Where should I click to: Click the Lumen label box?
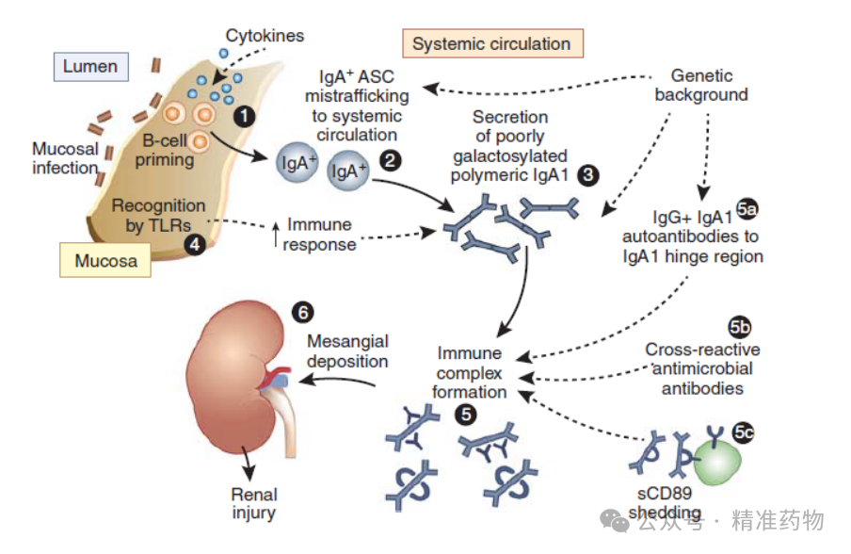coord(91,67)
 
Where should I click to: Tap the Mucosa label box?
coord(105,260)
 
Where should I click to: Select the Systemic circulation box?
coord(492,43)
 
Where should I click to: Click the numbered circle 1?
coord(244,116)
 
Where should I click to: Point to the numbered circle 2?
coord(391,160)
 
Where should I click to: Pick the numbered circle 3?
coord(588,175)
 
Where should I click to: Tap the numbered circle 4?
coord(195,244)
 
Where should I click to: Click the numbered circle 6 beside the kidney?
coord(303,312)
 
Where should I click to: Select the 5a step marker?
coord(747,209)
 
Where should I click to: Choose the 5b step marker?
coord(740,327)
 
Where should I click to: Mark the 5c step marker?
coord(744,432)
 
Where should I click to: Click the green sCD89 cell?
coord(717,462)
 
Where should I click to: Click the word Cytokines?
coord(265,36)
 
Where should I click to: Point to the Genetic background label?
coord(701,85)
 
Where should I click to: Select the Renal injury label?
coord(254,503)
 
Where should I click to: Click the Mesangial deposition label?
coord(348,350)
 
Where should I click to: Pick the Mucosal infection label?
coord(65,158)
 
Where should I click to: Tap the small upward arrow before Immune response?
coord(276,234)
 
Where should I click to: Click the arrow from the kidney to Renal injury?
coord(247,463)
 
